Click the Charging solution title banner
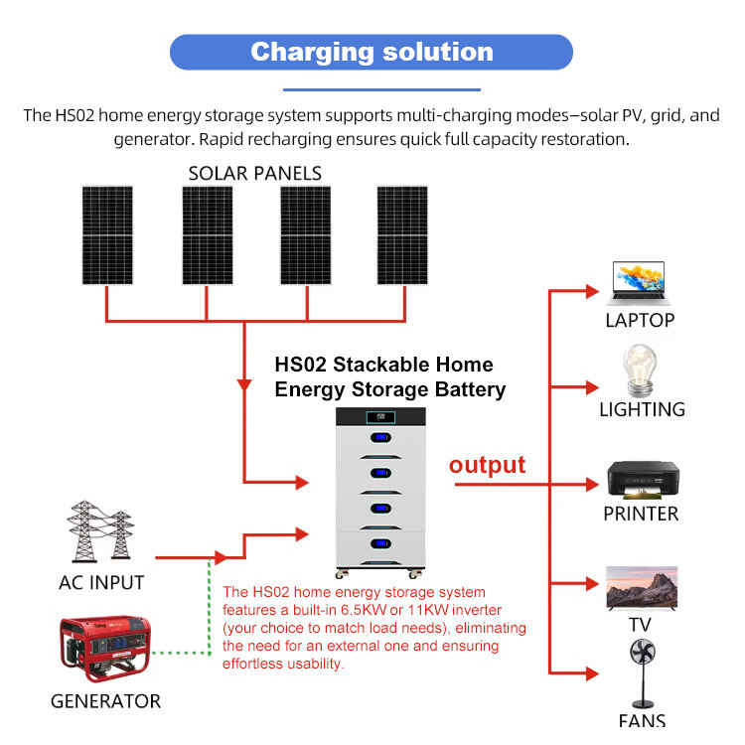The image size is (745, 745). (x=372, y=53)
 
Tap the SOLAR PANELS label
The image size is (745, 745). (x=254, y=174)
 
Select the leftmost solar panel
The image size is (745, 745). (x=107, y=235)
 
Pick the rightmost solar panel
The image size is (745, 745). (x=402, y=235)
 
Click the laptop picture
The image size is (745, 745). (x=639, y=283)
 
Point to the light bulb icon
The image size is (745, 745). (x=640, y=371)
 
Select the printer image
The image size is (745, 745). (x=643, y=481)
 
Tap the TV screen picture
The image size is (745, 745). (x=642, y=588)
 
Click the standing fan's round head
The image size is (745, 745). (x=643, y=652)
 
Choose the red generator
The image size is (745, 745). (x=105, y=648)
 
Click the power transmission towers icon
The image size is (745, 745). (x=100, y=531)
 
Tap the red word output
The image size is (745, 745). (x=487, y=465)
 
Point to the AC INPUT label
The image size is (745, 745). (x=101, y=582)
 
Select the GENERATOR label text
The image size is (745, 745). (x=105, y=701)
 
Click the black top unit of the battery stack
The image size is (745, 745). (x=380, y=416)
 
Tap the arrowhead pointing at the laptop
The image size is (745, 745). (x=592, y=291)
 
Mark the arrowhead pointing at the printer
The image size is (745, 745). (x=592, y=485)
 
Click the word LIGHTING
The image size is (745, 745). (x=642, y=409)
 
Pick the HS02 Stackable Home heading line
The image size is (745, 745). (x=383, y=365)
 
